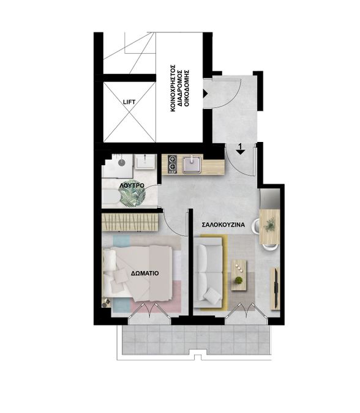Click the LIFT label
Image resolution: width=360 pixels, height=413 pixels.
[129, 102]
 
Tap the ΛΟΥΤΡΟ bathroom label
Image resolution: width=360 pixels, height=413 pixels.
[132, 185]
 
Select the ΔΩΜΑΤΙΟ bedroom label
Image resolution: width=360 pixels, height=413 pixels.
[145, 273]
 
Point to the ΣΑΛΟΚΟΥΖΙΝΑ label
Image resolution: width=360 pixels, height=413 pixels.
[223, 225]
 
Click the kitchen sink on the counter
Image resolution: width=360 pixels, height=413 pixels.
[192, 165]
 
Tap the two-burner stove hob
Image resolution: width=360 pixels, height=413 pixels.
[172, 163]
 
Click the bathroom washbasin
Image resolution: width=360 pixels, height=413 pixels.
[144, 162]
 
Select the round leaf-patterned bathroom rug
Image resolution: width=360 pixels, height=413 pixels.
[132, 195]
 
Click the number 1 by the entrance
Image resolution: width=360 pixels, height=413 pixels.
[240, 146]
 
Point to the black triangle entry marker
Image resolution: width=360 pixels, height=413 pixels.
[205, 93]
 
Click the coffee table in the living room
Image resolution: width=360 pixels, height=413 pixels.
[239, 275]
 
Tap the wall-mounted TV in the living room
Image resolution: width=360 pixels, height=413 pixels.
[276, 288]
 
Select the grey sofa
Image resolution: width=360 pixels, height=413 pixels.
[210, 272]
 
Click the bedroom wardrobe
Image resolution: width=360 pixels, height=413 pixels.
[130, 222]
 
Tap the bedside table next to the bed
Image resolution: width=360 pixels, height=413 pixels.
[106, 303]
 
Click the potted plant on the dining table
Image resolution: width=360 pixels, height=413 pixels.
[269, 225]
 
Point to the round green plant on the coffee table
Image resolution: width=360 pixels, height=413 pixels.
[239, 280]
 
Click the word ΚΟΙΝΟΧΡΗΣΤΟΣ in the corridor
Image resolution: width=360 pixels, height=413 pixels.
[173, 87]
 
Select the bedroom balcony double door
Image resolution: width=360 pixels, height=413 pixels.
[149, 312]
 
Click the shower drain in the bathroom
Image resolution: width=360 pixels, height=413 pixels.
[121, 162]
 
